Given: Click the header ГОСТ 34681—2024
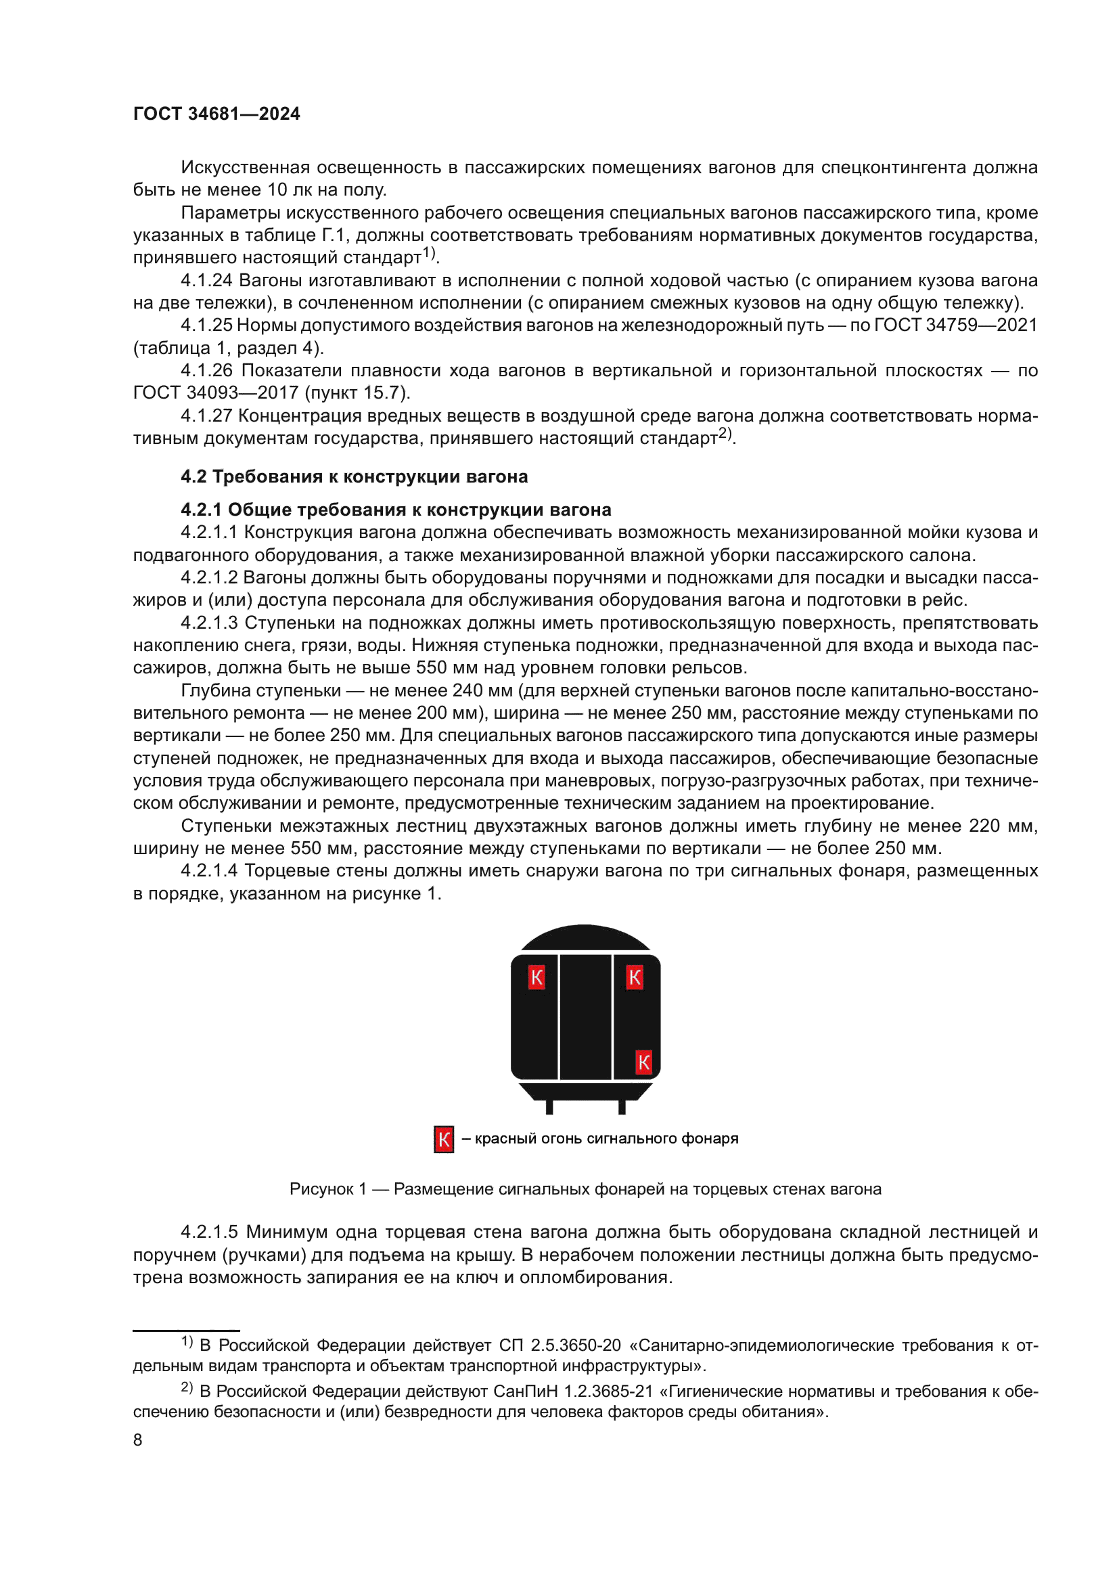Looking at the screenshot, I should (x=216, y=114).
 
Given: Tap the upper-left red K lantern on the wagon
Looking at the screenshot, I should (x=536, y=977).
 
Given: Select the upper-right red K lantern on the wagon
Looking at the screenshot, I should (x=635, y=977).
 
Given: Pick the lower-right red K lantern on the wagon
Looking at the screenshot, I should (x=643, y=1062).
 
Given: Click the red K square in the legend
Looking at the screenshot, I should (x=444, y=1139).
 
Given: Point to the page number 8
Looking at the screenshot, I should (x=138, y=1440).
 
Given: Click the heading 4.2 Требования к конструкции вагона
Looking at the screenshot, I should (x=354, y=476).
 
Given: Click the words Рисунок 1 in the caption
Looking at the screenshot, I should (x=327, y=1188).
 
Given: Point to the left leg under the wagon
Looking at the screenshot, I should (x=549, y=1106).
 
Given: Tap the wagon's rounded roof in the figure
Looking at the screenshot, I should (x=585, y=937).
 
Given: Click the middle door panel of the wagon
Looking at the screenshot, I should (x=585, y=1017).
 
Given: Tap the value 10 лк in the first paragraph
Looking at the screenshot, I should (x=290, y=189).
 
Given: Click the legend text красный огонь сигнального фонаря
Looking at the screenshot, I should (x=606, y=1138).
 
